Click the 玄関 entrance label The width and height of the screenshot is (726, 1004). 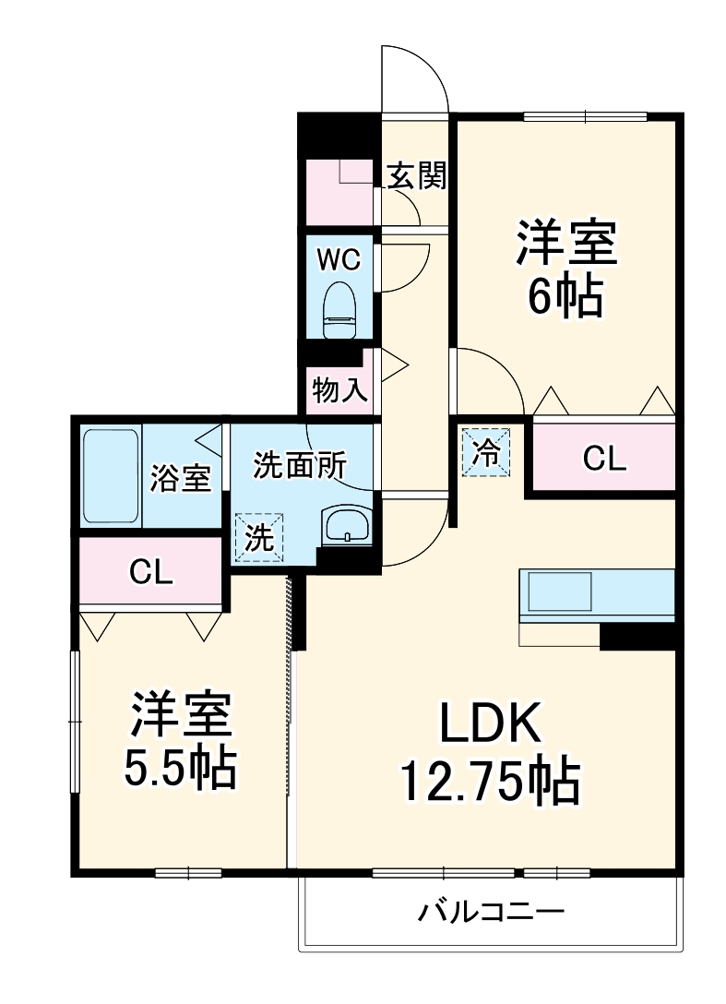[x=416, y=175]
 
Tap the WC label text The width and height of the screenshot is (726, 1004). [x=339, y=260]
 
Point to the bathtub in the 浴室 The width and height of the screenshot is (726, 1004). [x=110, y=476]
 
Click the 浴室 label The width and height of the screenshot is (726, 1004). [x=181, y=479]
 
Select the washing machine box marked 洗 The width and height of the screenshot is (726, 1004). [x=259, y=538]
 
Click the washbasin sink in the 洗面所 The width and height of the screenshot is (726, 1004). [x=347, y=527]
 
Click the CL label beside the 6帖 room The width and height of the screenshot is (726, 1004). [x=604, y=459]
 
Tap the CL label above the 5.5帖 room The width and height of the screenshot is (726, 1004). [x=150, y=572]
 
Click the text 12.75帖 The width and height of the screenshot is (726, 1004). [x=489, y=783]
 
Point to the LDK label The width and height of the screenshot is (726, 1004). [x=488, y=724]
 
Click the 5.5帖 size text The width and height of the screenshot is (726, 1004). [x=181, y=768]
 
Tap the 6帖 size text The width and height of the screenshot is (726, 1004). [x=565, y=296]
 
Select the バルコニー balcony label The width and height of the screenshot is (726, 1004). [x=491, y=913]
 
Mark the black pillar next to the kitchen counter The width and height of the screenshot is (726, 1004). [x=637, y=636]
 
